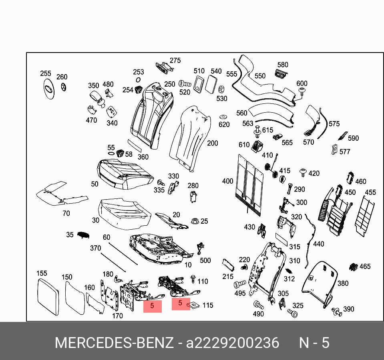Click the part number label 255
tap(46, 74)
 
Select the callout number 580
tap(283, 65)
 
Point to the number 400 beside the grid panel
tap(227, 181)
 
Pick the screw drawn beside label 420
tap(303, 173)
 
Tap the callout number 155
tap(42, 273)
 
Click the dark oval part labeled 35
tap(82, 235)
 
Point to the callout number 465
tap(365, 267)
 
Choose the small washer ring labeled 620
tap(223, 117)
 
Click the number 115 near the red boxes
tap(208, 305)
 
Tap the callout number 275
tap(175, 61)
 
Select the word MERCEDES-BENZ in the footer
tap(114, 343)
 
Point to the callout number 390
tap(349, 309)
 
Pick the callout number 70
tap(66, 214)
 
